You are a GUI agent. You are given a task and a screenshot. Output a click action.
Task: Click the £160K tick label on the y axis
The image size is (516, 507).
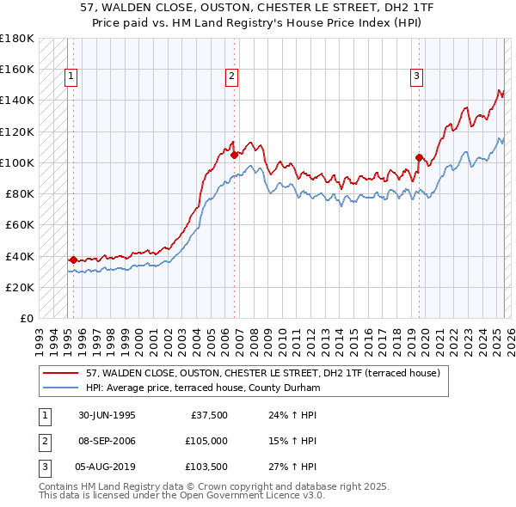(17, 69)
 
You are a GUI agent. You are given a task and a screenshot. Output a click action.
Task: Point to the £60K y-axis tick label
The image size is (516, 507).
(20, 224)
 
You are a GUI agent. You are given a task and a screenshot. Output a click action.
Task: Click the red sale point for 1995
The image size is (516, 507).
(74, 259)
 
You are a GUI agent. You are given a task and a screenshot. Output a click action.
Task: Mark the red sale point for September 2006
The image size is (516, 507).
(234, 155)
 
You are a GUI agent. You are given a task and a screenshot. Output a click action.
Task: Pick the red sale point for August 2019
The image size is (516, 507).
(419, 157)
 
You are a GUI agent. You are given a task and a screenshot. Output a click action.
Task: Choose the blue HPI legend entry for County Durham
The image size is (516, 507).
(203, 388)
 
